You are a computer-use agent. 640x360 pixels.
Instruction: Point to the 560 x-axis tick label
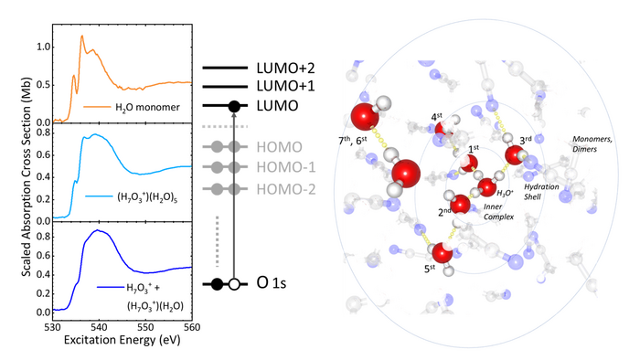(191, 324)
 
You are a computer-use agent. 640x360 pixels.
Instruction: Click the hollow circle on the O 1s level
(234, 284)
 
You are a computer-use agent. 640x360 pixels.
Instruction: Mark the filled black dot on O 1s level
(216, 284)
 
